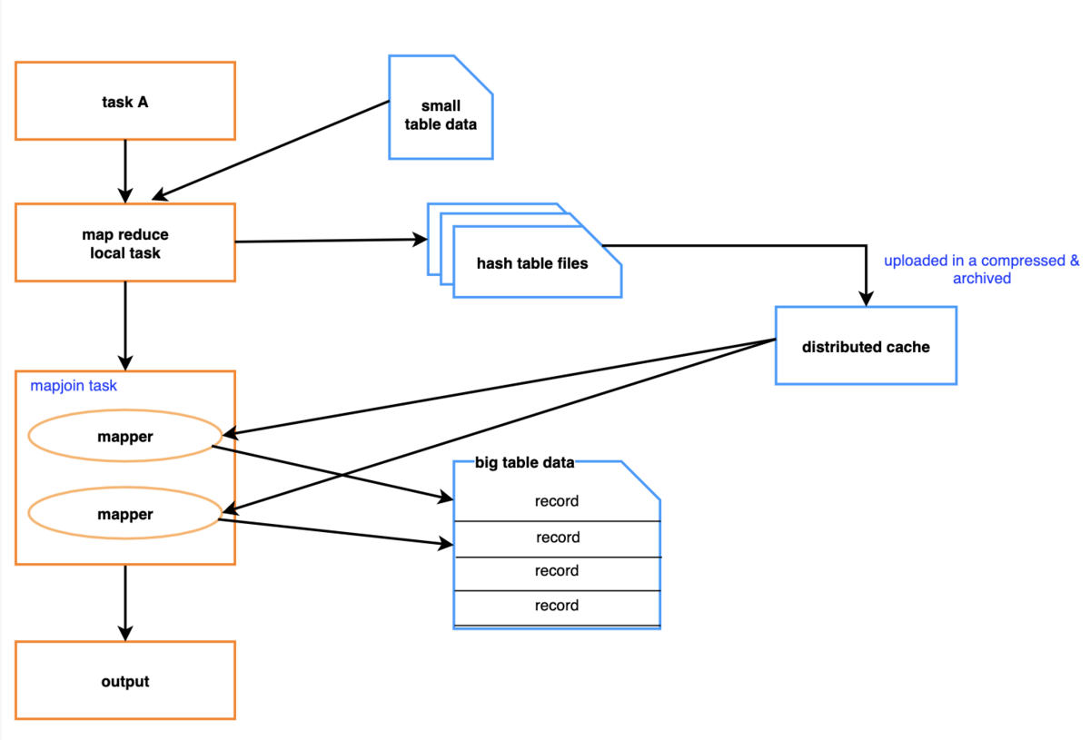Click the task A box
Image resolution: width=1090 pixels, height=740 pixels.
[x=125, y=102]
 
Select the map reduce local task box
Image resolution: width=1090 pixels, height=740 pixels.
[x=125, y=242]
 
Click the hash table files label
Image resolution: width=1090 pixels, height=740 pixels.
[x=532, y=264]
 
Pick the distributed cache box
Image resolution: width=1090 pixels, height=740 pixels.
[x=865, y=346]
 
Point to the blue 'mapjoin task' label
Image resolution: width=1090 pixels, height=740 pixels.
[x=74, y=386]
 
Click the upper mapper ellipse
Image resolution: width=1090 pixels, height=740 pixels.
[x=125, y=437]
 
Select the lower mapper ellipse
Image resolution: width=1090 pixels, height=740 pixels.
[x=125, y=515]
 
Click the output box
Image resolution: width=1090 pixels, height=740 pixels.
[x=125, y=681]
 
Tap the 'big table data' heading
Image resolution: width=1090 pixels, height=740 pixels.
[x=525, y=463]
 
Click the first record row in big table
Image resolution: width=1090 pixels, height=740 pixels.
[x=557, y=501]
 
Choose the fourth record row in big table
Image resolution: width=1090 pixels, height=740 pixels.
[x=557, y=606]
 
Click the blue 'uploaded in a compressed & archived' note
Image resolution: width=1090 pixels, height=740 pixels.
[x=982, y=270]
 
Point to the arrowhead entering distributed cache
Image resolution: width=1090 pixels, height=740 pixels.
[x=867, y=299]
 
